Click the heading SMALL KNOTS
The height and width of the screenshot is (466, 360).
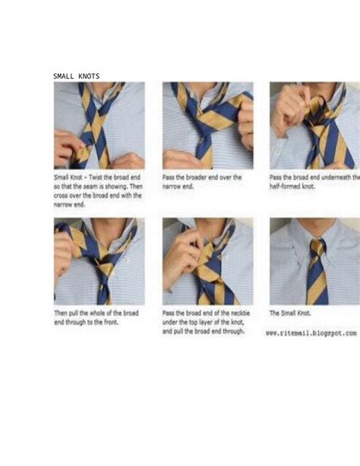[x=76, y=76]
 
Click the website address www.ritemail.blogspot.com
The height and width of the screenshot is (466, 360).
[x=311, y=333]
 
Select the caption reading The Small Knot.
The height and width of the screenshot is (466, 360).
[x=290, y=312]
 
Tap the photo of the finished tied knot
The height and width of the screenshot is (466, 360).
[x=314, y=262]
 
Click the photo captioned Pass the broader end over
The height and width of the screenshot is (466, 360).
[x=207, y=125]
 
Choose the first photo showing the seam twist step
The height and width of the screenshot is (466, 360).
[x=99, y=125]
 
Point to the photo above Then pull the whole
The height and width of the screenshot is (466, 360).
[x=99, y=262]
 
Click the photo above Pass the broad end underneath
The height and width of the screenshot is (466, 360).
[x=314, y=125]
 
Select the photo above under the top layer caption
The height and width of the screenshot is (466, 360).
[x=207, y=262]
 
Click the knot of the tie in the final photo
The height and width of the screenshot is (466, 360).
[x=317, y=247]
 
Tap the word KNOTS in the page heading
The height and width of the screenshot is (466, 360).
[x=87, y=76]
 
